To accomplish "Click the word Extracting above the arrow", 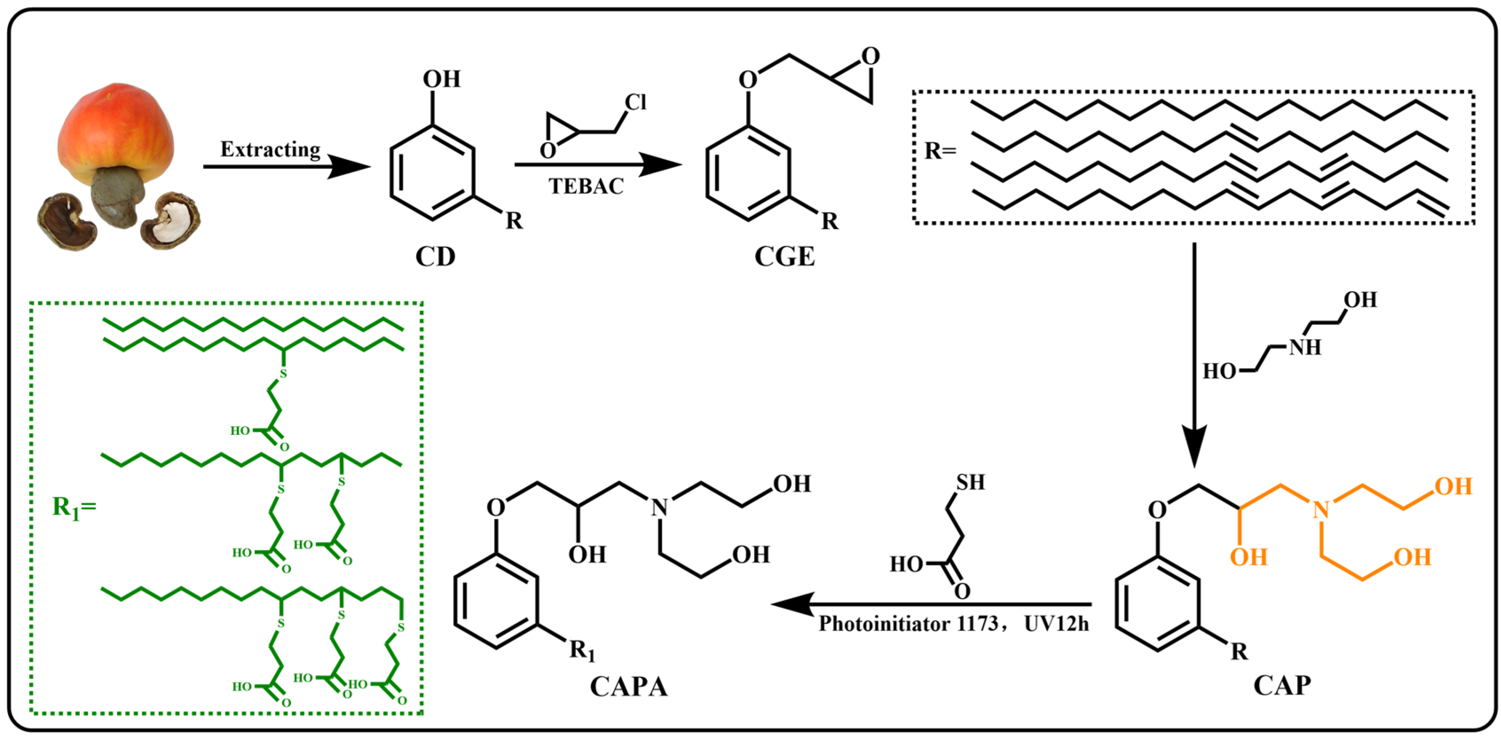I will click(270, 150).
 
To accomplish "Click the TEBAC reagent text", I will click(585, 187).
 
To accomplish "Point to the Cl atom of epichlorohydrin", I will click(635, 102).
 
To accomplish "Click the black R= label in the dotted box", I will click(940, 151).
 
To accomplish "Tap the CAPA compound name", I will click(628, 687).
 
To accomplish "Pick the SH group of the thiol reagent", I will click(970, 482).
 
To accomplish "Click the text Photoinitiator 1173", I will click(908, 624).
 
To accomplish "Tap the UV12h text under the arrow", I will click(1056, 624).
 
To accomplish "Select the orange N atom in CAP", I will click(1320, 510).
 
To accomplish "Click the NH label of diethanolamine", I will click(1305, 348).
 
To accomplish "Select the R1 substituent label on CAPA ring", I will click(582, 650).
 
